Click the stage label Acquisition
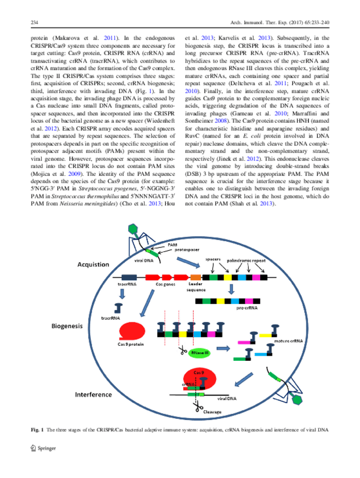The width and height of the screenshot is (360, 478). click(x=95, y=264)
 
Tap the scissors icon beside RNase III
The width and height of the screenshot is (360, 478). click(x=184, y=351)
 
